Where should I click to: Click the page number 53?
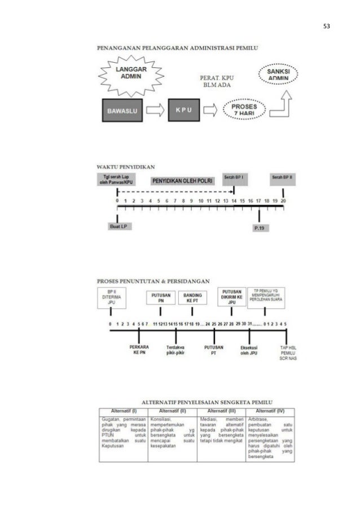327,27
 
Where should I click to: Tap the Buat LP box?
117,226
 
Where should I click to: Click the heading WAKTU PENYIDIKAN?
126,167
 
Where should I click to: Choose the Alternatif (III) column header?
221,410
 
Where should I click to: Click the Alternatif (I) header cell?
122,410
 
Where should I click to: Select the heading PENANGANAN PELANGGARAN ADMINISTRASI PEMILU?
178,48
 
